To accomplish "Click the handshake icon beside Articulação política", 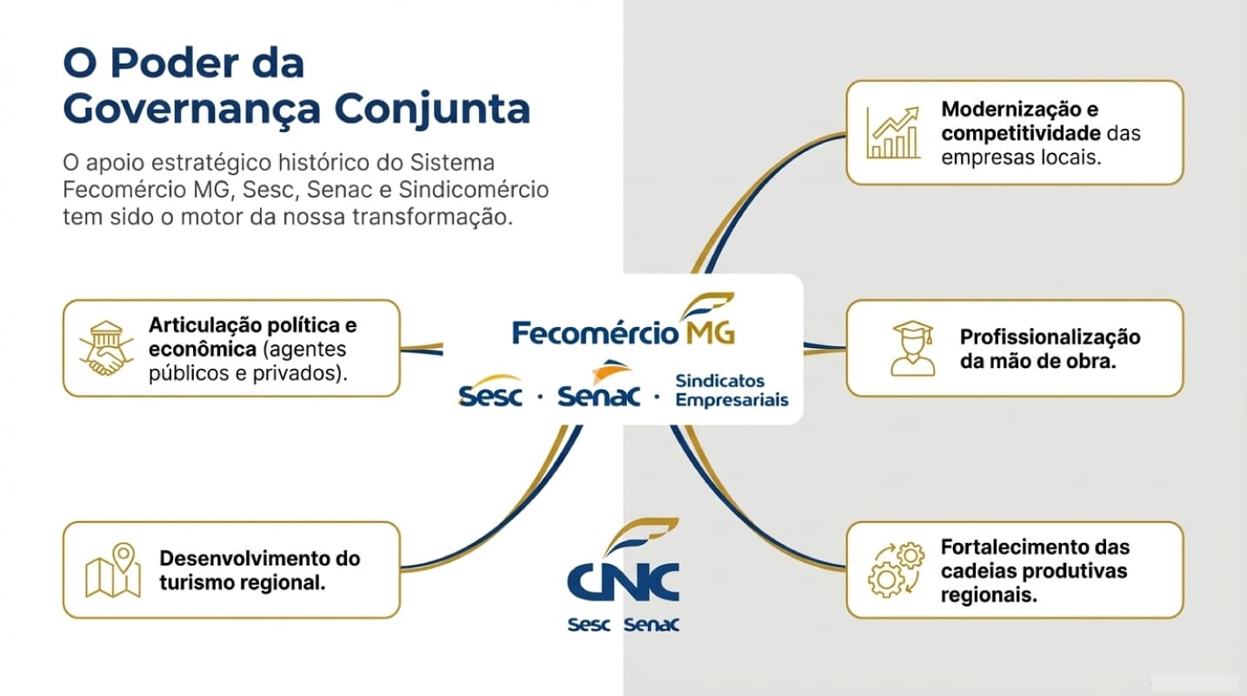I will click(x=102, y=349).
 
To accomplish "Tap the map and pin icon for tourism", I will click(x=113, y=571).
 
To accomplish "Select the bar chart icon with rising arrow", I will click(x=893, y=133).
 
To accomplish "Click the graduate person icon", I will click(x=911, y=348).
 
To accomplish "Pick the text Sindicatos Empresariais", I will click(x=731, y=391).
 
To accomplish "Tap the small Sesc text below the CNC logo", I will click(x=589, y=625).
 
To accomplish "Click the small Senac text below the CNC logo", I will click(x=651, y=625).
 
